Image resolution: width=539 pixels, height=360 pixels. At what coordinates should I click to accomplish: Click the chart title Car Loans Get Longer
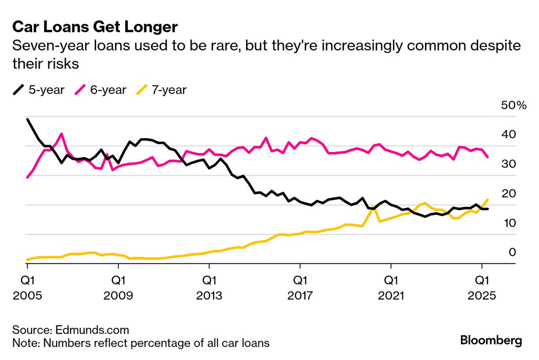95,27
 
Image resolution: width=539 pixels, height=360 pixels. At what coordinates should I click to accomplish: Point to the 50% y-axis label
513,105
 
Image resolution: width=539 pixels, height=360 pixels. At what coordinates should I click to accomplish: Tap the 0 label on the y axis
512,252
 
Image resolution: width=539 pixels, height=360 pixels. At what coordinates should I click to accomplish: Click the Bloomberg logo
491,341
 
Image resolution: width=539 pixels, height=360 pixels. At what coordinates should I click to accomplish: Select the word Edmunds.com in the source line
92,330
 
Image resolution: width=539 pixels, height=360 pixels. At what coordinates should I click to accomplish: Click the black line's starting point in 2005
27,119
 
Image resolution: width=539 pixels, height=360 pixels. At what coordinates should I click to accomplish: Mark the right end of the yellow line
487,199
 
